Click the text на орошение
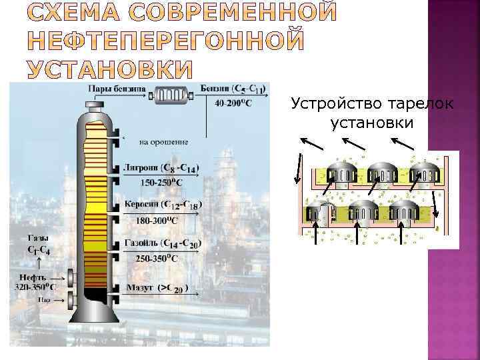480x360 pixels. click(163, 141)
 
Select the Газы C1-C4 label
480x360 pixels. click(37, 243)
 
